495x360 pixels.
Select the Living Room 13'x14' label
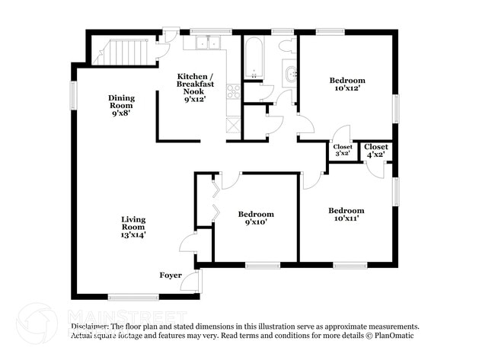point(133,227)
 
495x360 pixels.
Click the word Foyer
point(171,275)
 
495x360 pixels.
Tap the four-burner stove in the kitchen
point(233,93)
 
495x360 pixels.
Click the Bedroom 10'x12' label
point(347,84)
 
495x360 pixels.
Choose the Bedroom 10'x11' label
point(346,215)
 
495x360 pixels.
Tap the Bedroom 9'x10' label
point(255,218)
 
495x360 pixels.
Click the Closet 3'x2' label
point(343,150)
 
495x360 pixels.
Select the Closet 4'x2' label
point(376,150)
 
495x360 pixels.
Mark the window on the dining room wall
point(74,96)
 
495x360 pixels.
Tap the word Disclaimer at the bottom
point(91,325)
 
